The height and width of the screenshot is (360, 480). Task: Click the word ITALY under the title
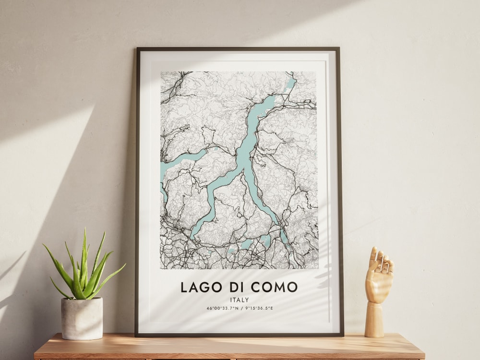(x=239, y=300)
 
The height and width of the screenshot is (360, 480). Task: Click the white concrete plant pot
(x=82, y=318)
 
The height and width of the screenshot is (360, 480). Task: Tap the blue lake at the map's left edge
(x=166, y=168)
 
